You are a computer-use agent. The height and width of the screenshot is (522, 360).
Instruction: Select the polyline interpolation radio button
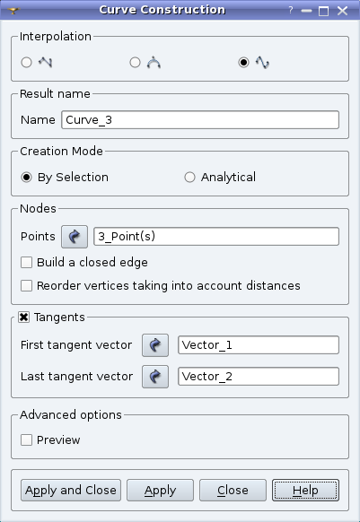(x=26, y=62)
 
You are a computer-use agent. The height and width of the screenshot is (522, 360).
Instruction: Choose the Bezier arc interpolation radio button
(x=135, y=62)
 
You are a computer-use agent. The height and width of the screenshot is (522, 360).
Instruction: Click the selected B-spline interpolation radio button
(x=243, y=62)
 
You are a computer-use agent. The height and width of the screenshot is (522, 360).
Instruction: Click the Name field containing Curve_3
(x=200, y=120)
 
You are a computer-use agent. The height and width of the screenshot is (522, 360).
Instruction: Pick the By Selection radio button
(x=26, y=177)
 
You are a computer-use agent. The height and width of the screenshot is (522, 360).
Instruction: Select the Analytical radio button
(x=189, y=177)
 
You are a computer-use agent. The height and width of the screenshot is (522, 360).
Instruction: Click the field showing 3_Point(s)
(x=216, y=237)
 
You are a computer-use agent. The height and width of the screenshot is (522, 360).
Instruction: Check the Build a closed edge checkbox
(x=26, y=262)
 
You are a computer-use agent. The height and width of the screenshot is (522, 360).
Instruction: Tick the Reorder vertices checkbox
(x=26, y=285)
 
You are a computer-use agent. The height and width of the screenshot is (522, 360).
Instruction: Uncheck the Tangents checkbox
(x=23, y=318)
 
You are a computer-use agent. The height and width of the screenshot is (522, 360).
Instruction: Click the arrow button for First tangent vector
(x=155, y=345)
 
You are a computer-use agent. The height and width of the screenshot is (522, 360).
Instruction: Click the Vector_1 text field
(x=259, y=345)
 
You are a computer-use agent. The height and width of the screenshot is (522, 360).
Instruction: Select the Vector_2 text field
(x=259, y=377)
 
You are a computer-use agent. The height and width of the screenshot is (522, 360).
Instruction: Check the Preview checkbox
(x=26, y=440)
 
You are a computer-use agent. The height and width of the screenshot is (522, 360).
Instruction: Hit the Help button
(x=305, y=491)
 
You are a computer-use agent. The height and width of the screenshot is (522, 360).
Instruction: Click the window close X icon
(x=342, y=11)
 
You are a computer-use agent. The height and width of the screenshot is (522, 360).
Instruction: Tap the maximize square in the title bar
(x=324, y=11)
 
